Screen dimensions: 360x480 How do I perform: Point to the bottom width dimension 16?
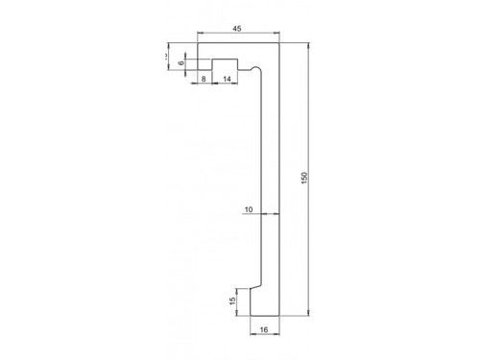265,329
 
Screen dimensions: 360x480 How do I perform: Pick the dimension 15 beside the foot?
232,300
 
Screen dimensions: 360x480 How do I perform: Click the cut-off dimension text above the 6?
167,56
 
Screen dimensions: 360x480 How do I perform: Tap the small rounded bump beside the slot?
253,71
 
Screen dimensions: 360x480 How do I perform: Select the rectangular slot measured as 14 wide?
225,64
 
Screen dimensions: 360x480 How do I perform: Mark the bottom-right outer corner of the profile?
279,315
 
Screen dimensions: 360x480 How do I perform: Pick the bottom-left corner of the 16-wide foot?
251,315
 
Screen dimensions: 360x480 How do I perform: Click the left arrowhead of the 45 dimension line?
202,36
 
